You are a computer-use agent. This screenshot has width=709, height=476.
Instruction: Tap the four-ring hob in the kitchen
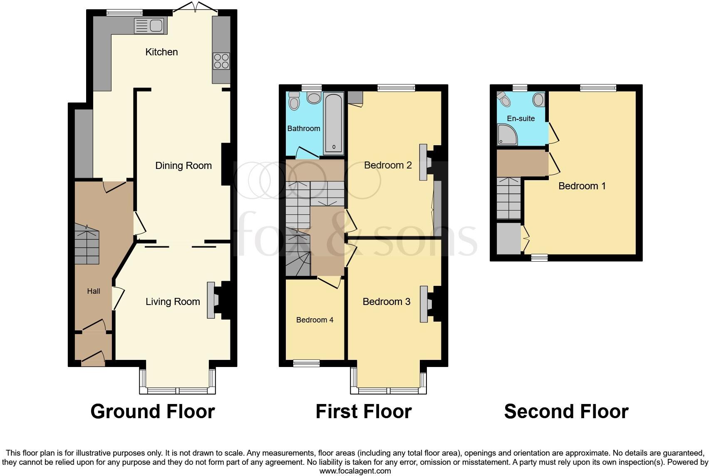(x=221, y=61)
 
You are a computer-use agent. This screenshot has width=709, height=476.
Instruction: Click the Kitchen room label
(x=161, y=52)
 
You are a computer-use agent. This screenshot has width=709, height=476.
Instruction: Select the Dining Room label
(x=183, y=166)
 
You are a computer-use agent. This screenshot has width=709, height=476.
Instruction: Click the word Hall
(x=94, y=291)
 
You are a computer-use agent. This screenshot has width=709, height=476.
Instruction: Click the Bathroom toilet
(x=294, y=101)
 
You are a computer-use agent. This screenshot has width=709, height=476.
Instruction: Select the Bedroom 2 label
(x=388, y=165)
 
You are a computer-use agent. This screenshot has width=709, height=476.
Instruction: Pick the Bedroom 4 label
(x=315, y=320)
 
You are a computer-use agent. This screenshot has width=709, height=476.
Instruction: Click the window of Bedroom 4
(x=306, y=363)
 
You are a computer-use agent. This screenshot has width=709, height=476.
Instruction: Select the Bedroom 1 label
(x=582, y=186)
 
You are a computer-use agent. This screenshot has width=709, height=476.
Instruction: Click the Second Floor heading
(x=566, y=412)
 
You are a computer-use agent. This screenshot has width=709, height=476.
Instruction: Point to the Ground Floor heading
(x=152, y=412)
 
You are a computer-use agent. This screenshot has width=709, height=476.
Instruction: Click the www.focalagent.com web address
(x=355, y=471)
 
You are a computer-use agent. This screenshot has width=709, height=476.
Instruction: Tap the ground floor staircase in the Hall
(x=87, y=245)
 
